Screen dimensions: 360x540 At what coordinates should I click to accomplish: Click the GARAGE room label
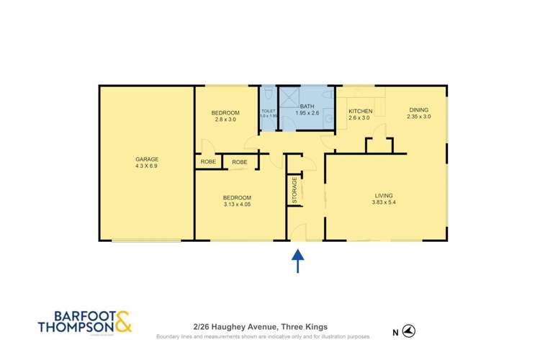146,159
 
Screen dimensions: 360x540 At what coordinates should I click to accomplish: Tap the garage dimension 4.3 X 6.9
146,166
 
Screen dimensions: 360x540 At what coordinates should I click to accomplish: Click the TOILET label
269,111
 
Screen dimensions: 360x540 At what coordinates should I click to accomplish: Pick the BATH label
307,106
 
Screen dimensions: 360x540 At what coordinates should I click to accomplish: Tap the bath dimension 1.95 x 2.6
307,113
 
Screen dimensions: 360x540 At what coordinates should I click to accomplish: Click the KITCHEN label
360,111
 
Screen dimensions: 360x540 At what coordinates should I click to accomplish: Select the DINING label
418,110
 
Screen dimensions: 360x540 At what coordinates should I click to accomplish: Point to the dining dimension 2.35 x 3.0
418,117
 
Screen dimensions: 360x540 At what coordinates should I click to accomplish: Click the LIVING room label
384,194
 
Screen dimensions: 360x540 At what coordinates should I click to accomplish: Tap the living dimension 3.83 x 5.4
384,202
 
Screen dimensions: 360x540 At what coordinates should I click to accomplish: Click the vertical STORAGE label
294,189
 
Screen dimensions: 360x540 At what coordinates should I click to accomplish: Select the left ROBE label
208,162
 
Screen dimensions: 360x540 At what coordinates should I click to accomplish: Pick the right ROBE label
240,162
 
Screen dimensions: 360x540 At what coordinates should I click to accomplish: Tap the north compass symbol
408,330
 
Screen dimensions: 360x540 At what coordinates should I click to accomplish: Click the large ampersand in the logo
122,321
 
